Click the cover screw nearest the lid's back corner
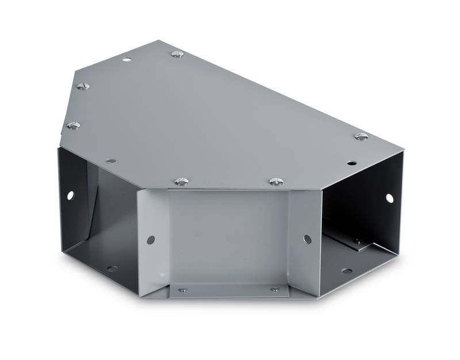pyautogui.click(x=177, y=54)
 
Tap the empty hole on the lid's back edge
pyautogui.click(x=126, y=59)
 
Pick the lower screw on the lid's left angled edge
pyautogui.click(x=73, y=125)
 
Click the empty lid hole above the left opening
pyautogui.click(x=111, y=161)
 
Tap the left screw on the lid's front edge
pyautogui.click(x=181, y=182)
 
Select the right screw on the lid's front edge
pyautogui.click(x=275, y=182)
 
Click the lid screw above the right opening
pyautogui.click(x=361, y=137)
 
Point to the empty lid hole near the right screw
pyautogui.click(x=350, y=163)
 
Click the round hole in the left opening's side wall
pyautogui.click(x=70, y=196)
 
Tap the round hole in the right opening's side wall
pyautogui.click(x=389, y=198)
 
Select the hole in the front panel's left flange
pyautogui.click(x=150, y=239)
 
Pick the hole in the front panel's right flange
pyautogui.click(x=307, y=239)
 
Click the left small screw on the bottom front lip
pyautogui.click(x=182, y=290)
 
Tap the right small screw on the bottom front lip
pyautogui.click(x=275, y=289)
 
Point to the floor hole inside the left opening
pyautogui.click(x=112, y=269)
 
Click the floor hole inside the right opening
pyautogui.click(x=346, y=271)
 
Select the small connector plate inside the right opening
pyautogui.click(x=356, y=244)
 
